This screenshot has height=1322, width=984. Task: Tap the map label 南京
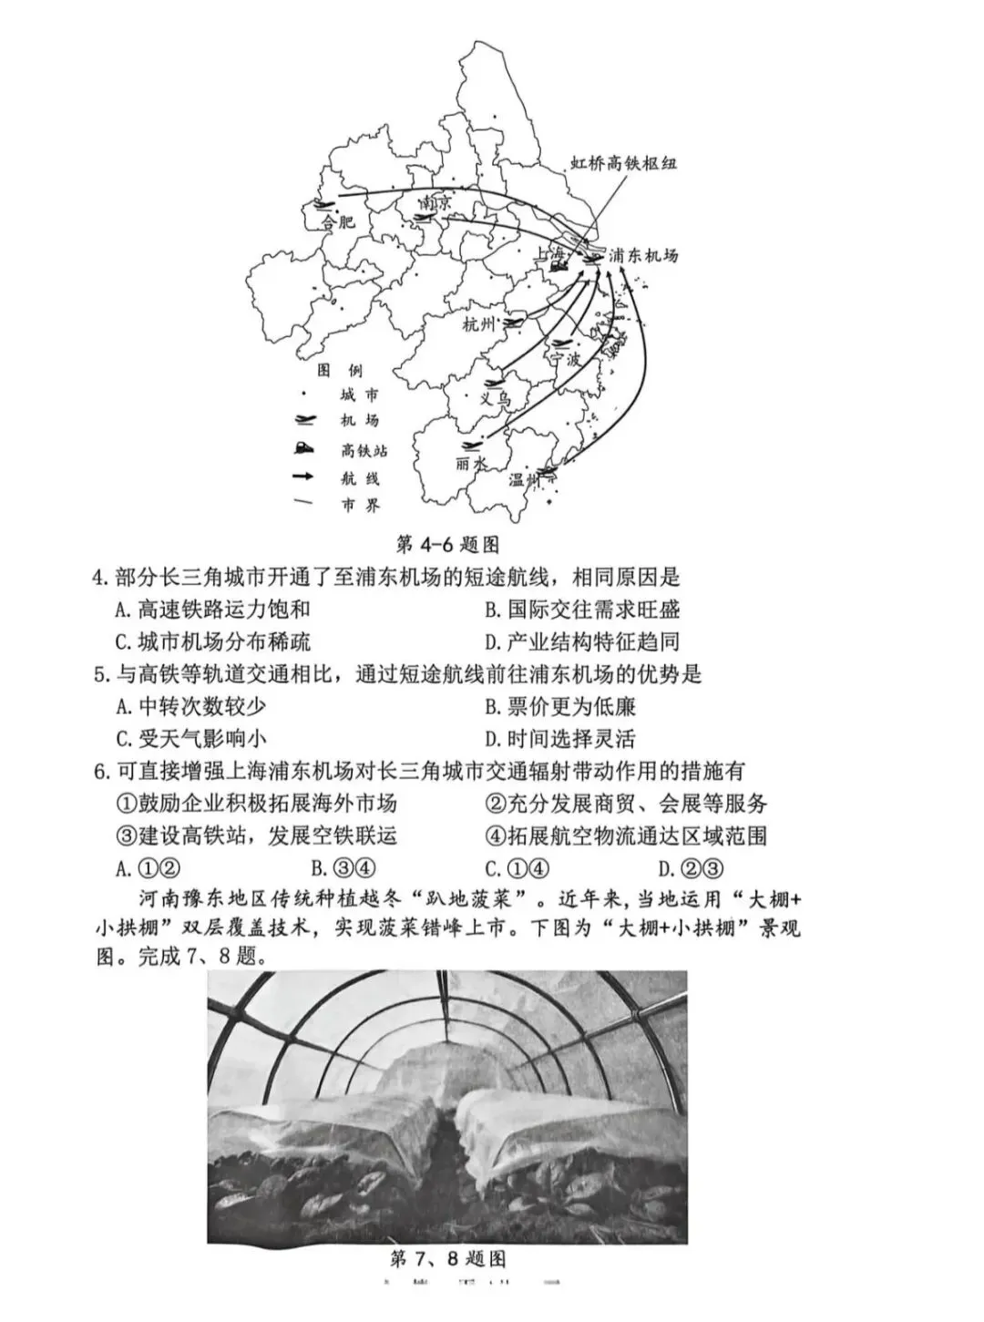[x=435, y=201]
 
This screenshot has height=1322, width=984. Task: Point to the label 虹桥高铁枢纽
[x=624, y=163]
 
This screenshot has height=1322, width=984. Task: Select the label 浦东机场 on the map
[x=643, y=256]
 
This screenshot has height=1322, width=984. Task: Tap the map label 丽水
[x=471, y=463]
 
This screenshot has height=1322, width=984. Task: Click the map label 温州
[x=524, y=479]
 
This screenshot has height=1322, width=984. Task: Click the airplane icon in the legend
[x=303, y=420]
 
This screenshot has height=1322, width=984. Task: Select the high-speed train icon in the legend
[x=303, y=448]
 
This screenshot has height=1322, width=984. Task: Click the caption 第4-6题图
[x=448, y=544]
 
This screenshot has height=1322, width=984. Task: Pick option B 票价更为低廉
[x=560, y=706]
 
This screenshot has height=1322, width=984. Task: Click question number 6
[x=101, y=772]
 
